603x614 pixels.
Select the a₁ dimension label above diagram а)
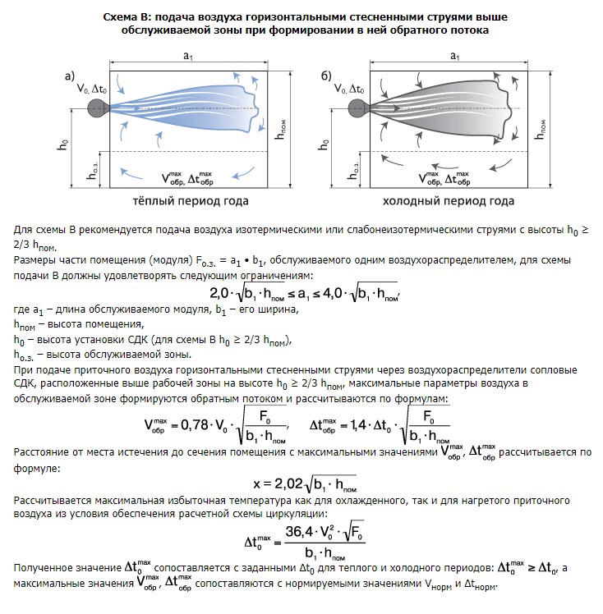click(x=190, y=55)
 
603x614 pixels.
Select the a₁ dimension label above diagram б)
click(x=454, y=55)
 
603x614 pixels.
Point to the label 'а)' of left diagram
click(x=71, y=76)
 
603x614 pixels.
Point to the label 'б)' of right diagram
click(x=327, y=76)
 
